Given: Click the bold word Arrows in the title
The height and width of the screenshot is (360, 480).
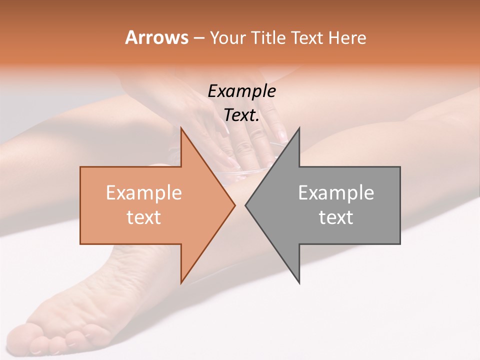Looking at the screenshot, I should click(157, 37).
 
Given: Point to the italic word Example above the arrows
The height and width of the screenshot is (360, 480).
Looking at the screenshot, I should click(241, 91).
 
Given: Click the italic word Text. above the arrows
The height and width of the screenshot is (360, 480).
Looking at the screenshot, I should click(241, 115).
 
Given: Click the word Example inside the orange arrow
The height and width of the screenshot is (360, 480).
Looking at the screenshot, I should click(144, 192).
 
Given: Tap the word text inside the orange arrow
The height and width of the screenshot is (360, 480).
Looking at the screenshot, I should click(144, 217).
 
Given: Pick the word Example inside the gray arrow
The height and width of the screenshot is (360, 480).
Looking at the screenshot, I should click(336, 192).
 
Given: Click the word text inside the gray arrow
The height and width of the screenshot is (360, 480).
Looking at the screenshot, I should click(336, 217).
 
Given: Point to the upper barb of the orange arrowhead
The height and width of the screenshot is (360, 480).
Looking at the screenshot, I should click(181, 130).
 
